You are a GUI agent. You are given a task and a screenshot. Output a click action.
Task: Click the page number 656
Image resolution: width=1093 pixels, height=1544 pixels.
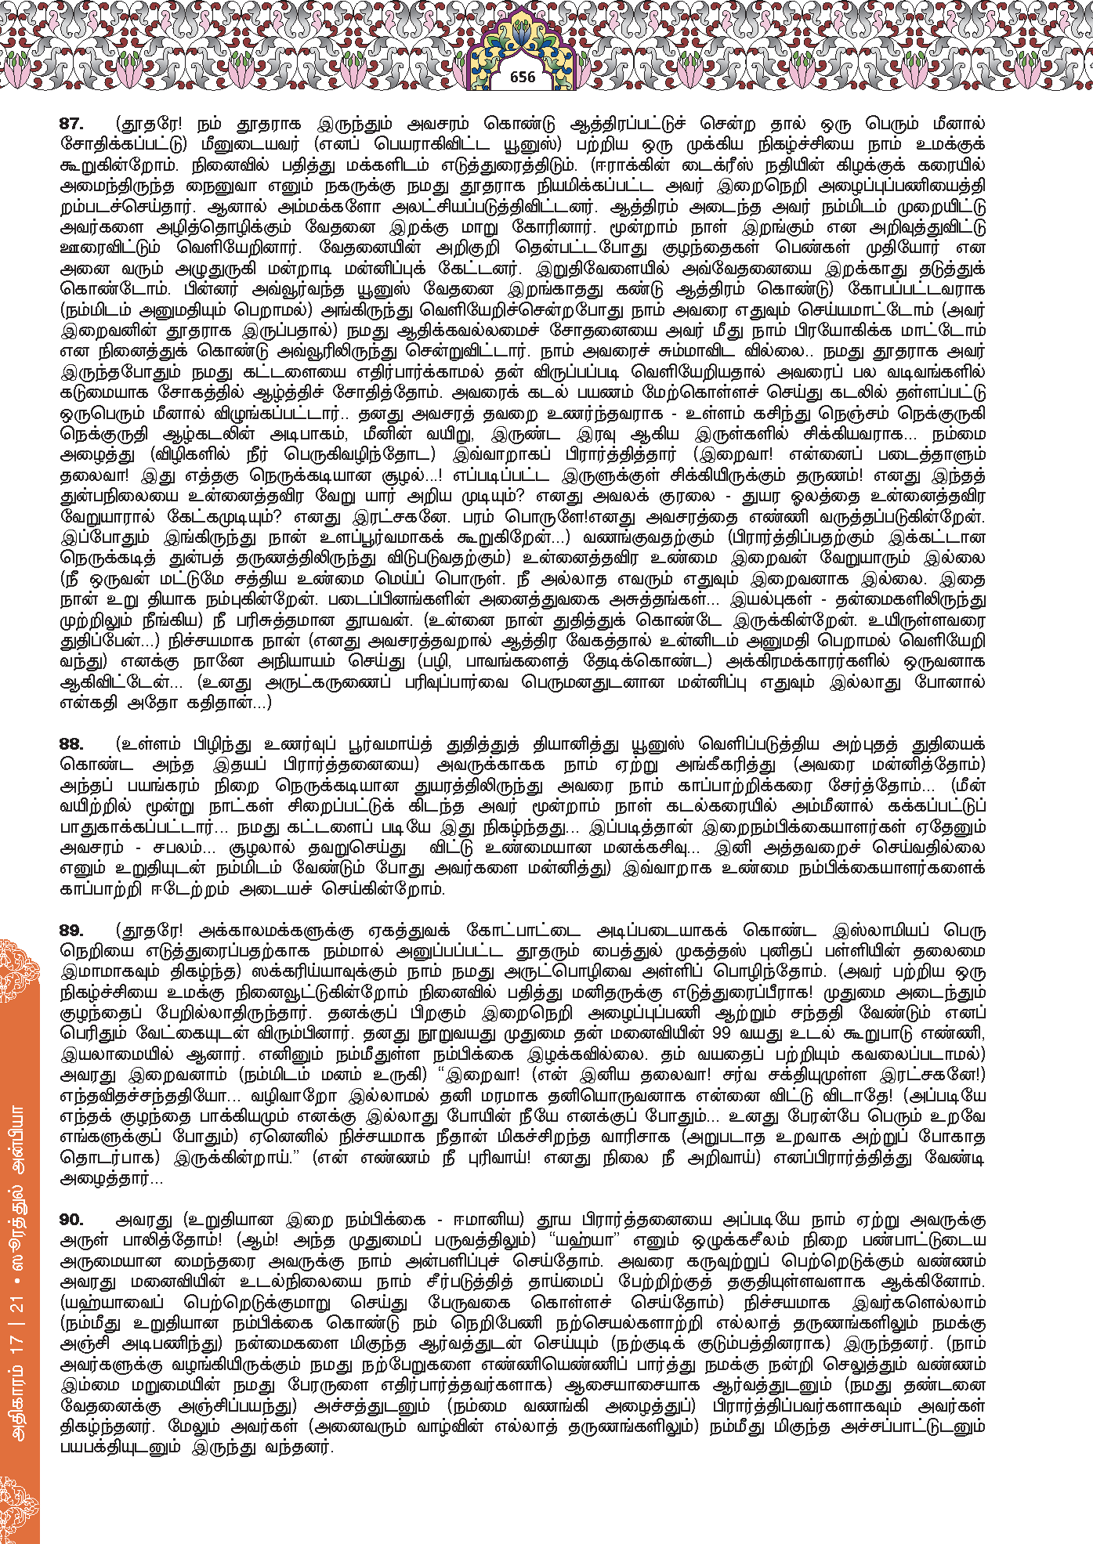coord(522,77)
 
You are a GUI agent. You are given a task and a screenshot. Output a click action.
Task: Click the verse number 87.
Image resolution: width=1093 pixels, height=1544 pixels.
coord(71,124)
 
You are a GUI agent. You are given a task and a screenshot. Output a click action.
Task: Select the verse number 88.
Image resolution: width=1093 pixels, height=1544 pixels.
coord(71,743)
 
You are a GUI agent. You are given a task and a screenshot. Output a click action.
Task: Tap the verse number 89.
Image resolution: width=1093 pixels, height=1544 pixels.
coord(71,931)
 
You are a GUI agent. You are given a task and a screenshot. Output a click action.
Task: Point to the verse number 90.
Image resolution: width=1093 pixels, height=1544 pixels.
coord(71,1220)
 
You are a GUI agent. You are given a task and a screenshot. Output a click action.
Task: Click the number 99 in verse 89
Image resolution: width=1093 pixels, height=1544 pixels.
coord(723,1034)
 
